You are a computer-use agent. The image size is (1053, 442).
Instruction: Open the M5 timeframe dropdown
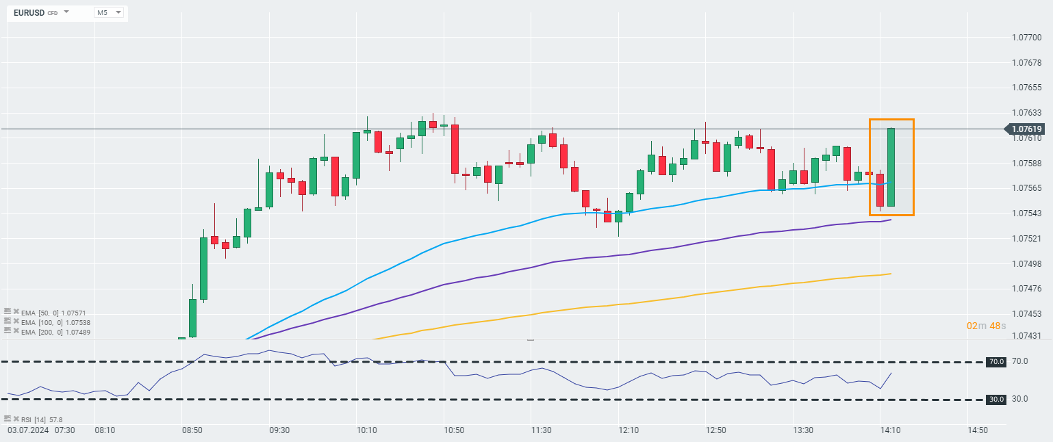(109, 12)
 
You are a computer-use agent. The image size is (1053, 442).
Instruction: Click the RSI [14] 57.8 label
(42, 419)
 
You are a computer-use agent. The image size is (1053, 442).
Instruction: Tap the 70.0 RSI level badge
(995, 361)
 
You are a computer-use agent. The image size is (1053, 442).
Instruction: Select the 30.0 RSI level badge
(995, 399)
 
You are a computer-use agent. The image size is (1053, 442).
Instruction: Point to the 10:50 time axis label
(454, 430)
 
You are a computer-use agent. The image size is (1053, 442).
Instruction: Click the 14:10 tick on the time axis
(890, 430)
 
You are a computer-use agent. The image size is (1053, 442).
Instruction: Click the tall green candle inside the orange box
(891, 167)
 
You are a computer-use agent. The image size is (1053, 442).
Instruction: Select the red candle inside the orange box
(880, 190)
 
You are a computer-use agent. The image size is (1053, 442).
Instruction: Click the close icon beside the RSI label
(16, 419)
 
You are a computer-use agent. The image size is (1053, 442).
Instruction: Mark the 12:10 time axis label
(629, 430)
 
